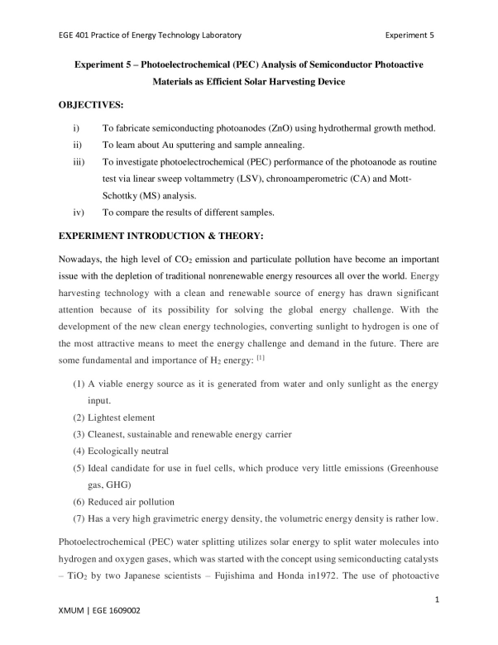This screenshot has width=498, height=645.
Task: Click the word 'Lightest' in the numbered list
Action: click(120, 417)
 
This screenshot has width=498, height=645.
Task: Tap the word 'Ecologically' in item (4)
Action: click(130, 451)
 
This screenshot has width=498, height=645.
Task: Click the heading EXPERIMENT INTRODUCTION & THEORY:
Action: click(159, 236)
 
